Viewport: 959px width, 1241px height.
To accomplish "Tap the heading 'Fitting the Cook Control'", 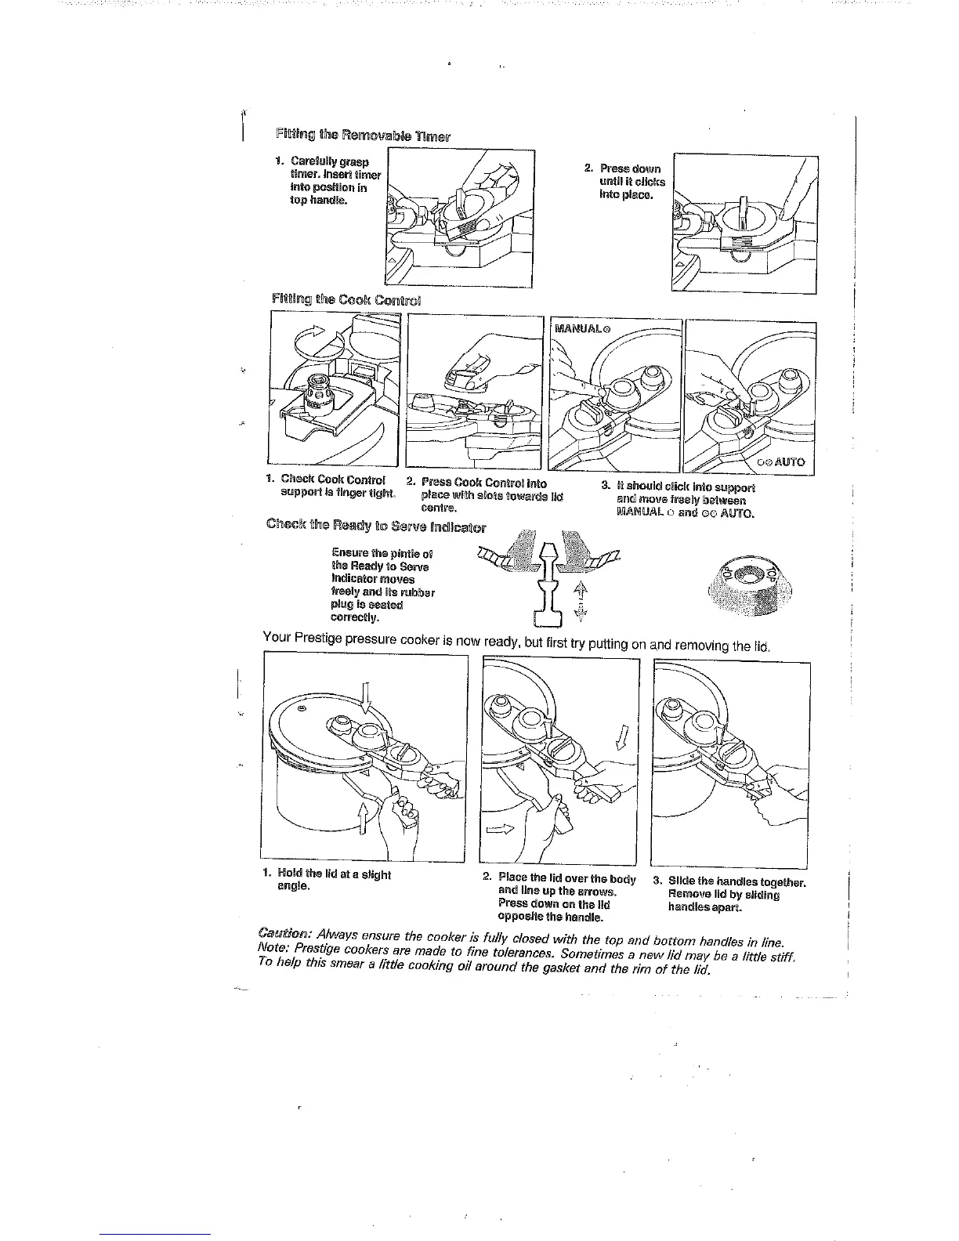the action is click(346, 298).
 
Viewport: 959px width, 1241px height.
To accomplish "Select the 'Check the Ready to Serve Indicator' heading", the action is click(376, 526).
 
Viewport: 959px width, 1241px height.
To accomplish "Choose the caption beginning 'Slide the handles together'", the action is click(736, 895).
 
